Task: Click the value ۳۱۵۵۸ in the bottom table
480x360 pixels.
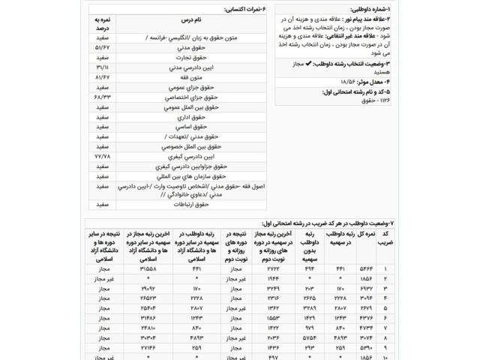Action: (x=145, y=268)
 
